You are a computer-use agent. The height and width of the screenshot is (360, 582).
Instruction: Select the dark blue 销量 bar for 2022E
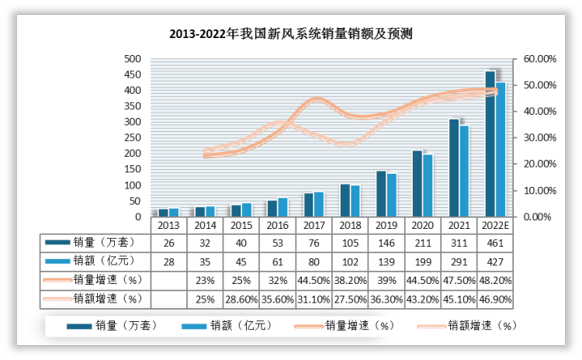point(490,144)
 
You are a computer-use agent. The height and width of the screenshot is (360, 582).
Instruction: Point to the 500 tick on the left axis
point(133,58)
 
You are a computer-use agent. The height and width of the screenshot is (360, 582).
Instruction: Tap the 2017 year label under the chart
point(313,224)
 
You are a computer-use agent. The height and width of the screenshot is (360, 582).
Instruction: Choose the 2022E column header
point(494,224)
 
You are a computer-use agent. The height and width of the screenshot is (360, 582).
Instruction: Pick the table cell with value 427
point(494,261)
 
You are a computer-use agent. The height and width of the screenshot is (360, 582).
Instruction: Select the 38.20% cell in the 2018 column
point(349,279)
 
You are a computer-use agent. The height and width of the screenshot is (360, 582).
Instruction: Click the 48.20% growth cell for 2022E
point(494,279)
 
